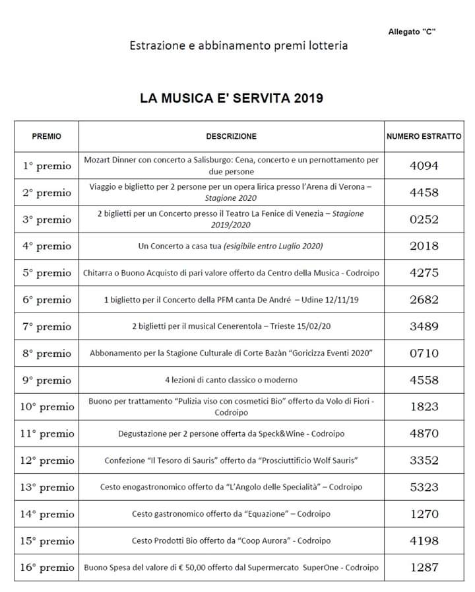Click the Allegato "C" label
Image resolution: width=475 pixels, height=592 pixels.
pos(412,32)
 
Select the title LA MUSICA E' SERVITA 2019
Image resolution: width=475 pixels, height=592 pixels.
pos(231,98)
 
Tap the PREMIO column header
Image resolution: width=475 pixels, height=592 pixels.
pos(46,136)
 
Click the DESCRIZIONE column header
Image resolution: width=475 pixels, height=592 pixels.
pos(231,136)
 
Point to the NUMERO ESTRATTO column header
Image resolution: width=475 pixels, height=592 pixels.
pos(424,136)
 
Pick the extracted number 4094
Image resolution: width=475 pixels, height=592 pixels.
pos(424,166)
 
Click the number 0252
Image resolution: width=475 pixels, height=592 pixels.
pos(424,219)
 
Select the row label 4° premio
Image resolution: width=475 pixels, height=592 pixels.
pos(47,246)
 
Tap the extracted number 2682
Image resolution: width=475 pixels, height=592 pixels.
pos(424,299)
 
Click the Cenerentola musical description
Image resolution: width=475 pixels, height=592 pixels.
pos(231,326)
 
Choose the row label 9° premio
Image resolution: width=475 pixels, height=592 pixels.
pos(47,381)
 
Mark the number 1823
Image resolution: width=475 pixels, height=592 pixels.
pos(424,407)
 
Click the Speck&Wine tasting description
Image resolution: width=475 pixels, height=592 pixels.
pos(231,434)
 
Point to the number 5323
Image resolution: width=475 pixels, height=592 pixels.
pos(424,488)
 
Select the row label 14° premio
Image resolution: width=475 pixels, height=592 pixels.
pos(47,514)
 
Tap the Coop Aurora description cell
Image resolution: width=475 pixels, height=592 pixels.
pos(231,540)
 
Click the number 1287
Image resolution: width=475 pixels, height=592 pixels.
pos(424,567)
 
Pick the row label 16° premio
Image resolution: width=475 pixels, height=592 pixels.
pos(47,567)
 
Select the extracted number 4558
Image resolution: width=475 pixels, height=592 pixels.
pos(424,380)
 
